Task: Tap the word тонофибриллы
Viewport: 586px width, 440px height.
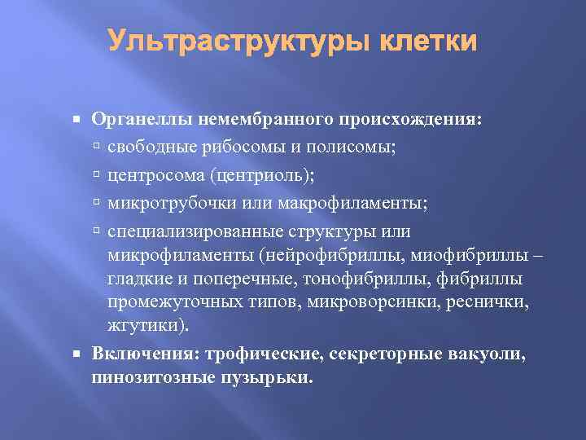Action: pos(364,279)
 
